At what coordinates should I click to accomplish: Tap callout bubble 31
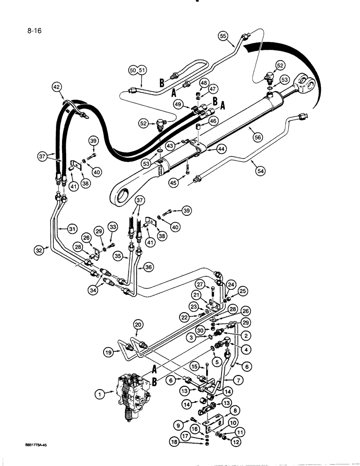coord(71,229)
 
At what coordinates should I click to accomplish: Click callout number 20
coord(138,324)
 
